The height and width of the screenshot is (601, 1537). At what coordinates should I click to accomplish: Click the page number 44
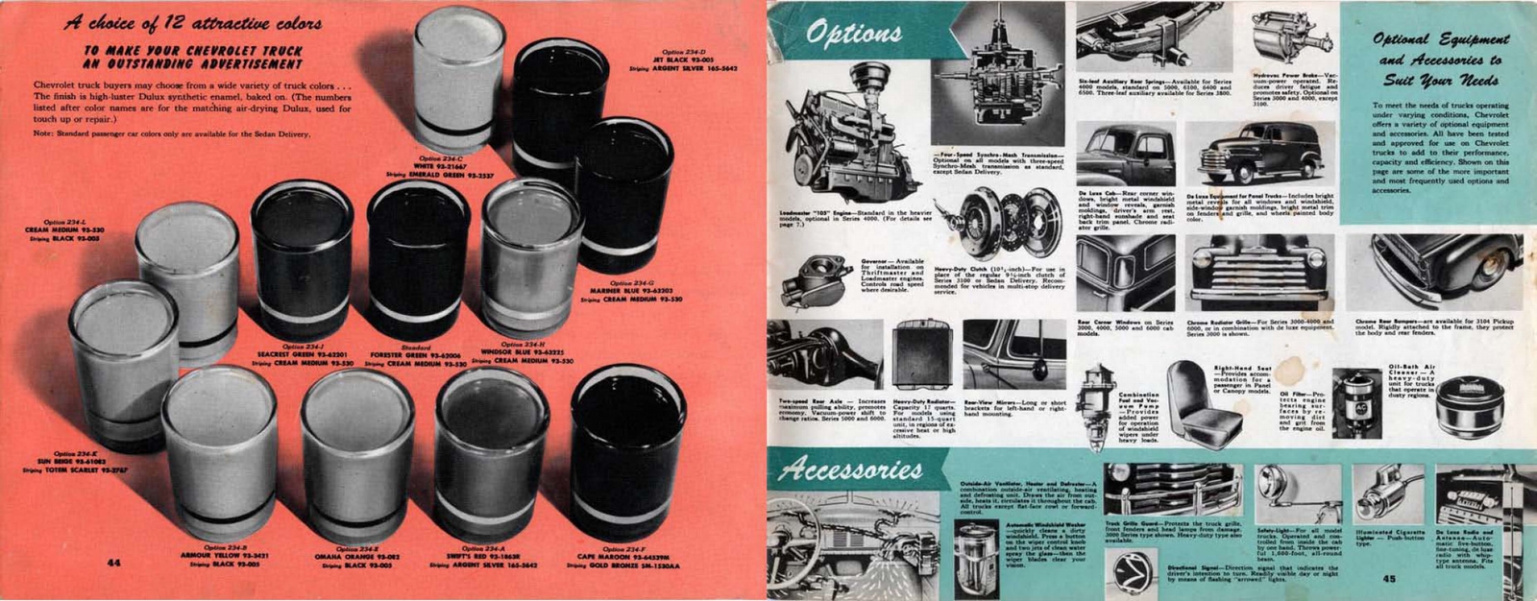point(113,563)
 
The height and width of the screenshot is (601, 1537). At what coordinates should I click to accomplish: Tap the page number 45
point(1389,578)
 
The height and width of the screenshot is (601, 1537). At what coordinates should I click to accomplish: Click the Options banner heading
point(853,34)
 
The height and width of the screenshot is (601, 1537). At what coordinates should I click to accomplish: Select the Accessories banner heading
point(851,469)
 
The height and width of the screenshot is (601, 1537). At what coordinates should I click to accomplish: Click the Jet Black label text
point(683,60)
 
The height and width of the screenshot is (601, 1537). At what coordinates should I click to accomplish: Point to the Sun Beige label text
point(78,462)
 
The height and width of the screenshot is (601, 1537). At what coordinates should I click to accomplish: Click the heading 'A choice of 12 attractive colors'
point(193,23)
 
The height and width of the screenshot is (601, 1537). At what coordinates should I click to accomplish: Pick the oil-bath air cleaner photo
point(1469,408)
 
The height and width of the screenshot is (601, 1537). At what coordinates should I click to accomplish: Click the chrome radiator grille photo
point(1256,274)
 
